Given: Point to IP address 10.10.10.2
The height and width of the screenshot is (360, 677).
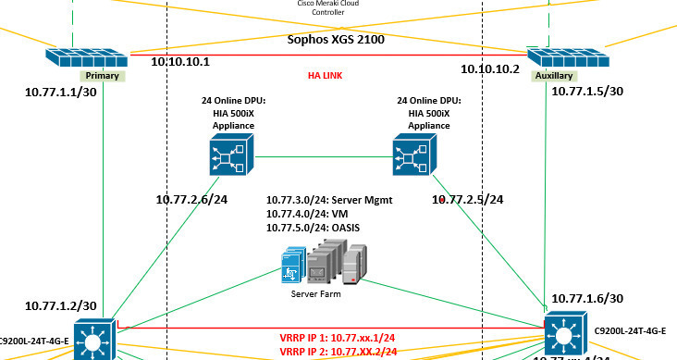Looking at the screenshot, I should pyautogui.click(x=491, y=68).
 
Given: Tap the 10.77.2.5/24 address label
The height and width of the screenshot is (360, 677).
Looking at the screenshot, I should pyautogui.click(x=468, y=198).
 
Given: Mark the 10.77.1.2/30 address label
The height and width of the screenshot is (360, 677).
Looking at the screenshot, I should pyautogui.click(x=61, y=305).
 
